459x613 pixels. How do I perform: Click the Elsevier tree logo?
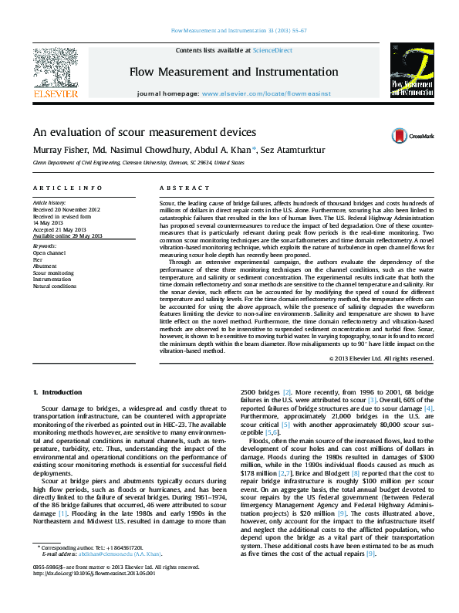click(55, 68)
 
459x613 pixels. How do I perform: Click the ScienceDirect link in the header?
click(274, 49)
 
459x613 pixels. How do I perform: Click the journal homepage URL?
click(266, 93)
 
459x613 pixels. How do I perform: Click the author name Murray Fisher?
click(54, 149)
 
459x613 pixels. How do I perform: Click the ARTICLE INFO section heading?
click(67, 188)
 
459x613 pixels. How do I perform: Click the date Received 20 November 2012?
click(66, 209)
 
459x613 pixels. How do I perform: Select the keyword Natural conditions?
click(54, 286)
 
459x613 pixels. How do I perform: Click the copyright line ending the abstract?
click(381, 358)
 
